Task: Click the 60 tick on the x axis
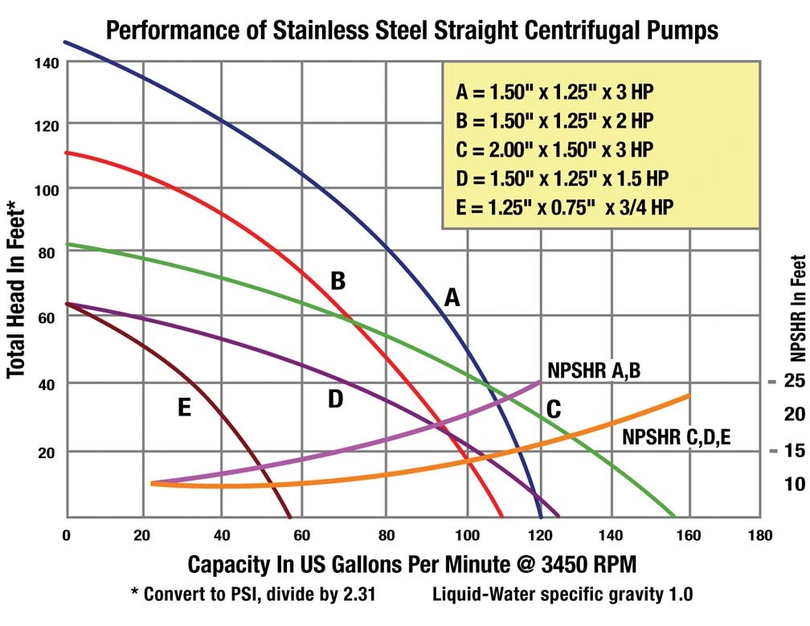[x=301, y=535]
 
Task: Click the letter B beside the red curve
[x=337, y=280]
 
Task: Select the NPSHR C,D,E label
[x=676, y=437]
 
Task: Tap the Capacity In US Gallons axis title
[x=414, y=565]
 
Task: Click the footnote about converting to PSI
[x=254, y=595]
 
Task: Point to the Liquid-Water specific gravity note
[x=562, y=595]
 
